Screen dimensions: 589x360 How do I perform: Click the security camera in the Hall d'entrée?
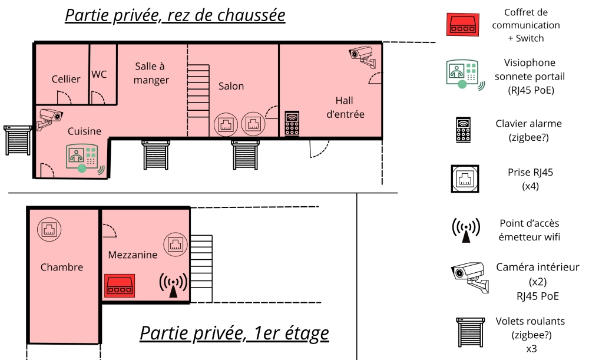coord(362,56)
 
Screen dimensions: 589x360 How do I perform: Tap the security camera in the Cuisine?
coord(49,118)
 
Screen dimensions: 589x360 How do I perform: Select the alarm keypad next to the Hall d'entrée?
coord(292,123)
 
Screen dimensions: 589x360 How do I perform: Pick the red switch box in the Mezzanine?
coord(120,286)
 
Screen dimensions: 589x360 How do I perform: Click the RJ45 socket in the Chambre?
coord(49,229)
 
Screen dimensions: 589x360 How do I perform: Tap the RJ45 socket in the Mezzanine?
coord(176,245)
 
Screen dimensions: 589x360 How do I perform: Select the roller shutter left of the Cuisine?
coord(18,141)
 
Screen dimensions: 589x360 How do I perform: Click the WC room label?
coord(99,74)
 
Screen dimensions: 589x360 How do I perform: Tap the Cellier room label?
coord(66,79)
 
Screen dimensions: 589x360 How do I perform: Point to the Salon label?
coord(231,86)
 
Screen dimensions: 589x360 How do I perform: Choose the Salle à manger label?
coord(151,73)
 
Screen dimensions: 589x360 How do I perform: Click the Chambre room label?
coord(62,267)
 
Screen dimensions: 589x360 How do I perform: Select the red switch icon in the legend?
coord(463,25)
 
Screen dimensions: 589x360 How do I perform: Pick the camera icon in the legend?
coord(470,278)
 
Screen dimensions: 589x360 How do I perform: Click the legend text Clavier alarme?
coord(528,124)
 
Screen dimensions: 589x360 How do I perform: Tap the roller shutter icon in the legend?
coord(470,332)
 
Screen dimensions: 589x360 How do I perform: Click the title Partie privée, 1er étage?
coord(234,333)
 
